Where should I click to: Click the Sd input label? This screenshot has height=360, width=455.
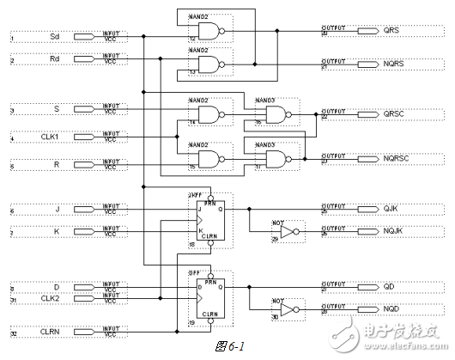click(x=55, y=37)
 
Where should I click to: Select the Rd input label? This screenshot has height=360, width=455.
click(x=55, y=60)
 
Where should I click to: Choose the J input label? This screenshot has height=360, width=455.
click(x=57, y=209)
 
